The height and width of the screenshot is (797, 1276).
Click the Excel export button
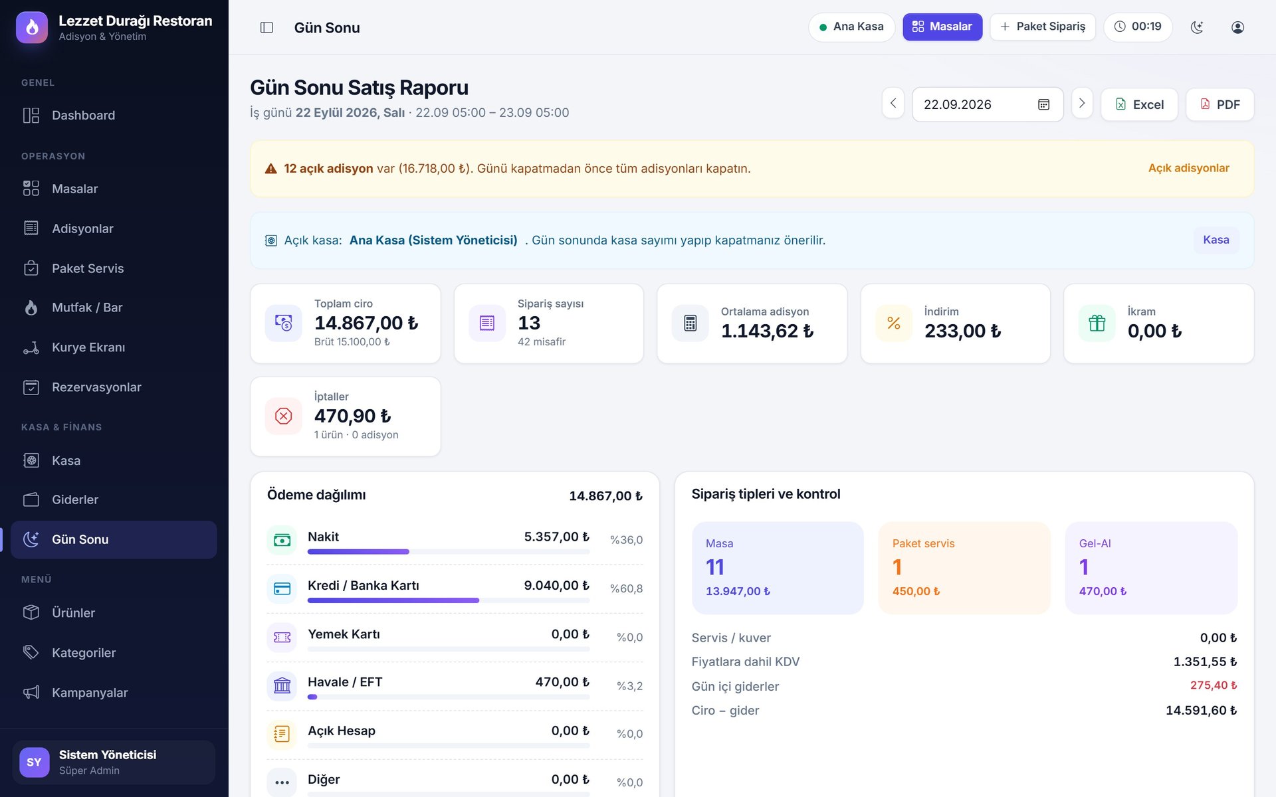1139,104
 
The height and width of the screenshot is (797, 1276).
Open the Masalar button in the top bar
942,27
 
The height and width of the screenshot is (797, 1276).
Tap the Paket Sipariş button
1043,27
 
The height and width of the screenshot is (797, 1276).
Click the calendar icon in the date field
1043,104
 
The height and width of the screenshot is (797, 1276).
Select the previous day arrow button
893,103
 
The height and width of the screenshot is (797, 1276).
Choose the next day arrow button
1082,103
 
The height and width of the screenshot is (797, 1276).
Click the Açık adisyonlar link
1188,168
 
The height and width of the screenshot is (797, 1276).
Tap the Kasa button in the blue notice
1216,240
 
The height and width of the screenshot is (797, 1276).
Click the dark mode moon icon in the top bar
1197,27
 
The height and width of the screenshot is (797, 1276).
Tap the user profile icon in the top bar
1237,27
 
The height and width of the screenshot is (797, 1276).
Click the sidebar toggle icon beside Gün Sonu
266,27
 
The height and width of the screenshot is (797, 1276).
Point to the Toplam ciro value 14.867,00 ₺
366,323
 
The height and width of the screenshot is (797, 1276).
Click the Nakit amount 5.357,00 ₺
556,537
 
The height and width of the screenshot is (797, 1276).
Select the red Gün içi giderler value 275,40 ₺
1213,685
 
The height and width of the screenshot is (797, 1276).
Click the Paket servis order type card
964,568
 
